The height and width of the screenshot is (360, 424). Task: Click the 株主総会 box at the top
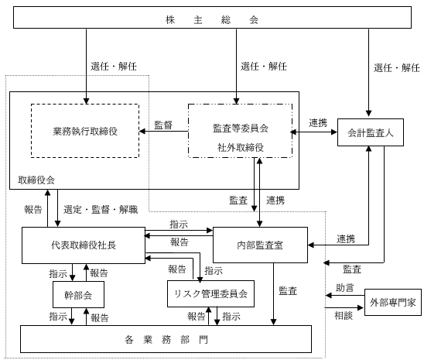(x=212, y=19)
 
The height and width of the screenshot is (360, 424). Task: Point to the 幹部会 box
(x=78, y=294)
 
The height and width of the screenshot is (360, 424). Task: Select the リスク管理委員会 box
(x=210, y=294)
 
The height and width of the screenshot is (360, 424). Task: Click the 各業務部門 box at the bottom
(x=166, y=339)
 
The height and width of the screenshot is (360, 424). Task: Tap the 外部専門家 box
(x=392, y=303)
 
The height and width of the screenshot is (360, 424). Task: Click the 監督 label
(x=163, y=124)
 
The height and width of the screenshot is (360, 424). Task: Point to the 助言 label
(x=345, y=288)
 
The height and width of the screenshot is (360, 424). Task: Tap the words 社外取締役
(x=240, y=147)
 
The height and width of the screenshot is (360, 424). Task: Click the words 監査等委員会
(x=240, y=129)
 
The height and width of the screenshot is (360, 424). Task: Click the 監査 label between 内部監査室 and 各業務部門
(x=288, y=290)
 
